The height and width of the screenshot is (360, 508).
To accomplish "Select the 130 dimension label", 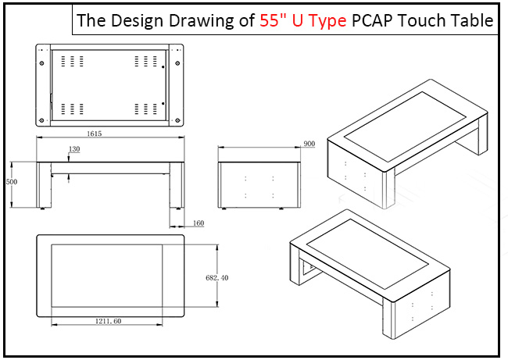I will [x=74, y=149].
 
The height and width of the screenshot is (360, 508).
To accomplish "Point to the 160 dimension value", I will [x=198, y=223].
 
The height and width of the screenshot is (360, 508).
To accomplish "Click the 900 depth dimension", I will [x=309, y=144].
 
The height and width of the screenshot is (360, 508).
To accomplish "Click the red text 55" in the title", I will [x=273, y=21].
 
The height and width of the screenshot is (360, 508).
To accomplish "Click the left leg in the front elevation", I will [x=44, y=184].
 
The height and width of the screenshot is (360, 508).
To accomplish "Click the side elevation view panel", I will [x=259, y=184].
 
